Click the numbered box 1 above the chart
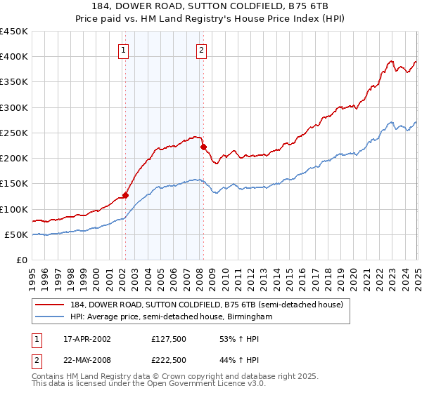pos(124,50)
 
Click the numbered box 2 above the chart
pos(201,50)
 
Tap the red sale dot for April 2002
pos(126,195)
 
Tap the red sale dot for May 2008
pos(203,147)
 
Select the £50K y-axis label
pos(16,235)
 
